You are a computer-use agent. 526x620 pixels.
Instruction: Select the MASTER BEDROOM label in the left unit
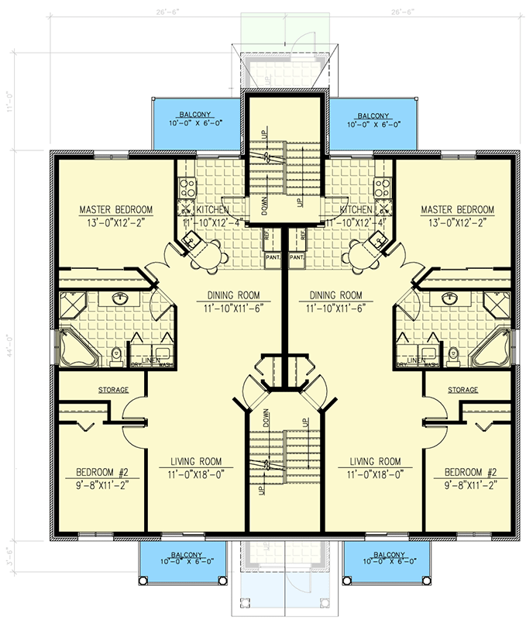coord(116,210)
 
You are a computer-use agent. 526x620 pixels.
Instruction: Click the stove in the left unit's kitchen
coord(186,186)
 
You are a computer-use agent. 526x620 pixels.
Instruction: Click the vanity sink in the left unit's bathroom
coord(121,298)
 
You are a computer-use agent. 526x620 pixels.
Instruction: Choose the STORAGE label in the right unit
coord(463,389)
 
